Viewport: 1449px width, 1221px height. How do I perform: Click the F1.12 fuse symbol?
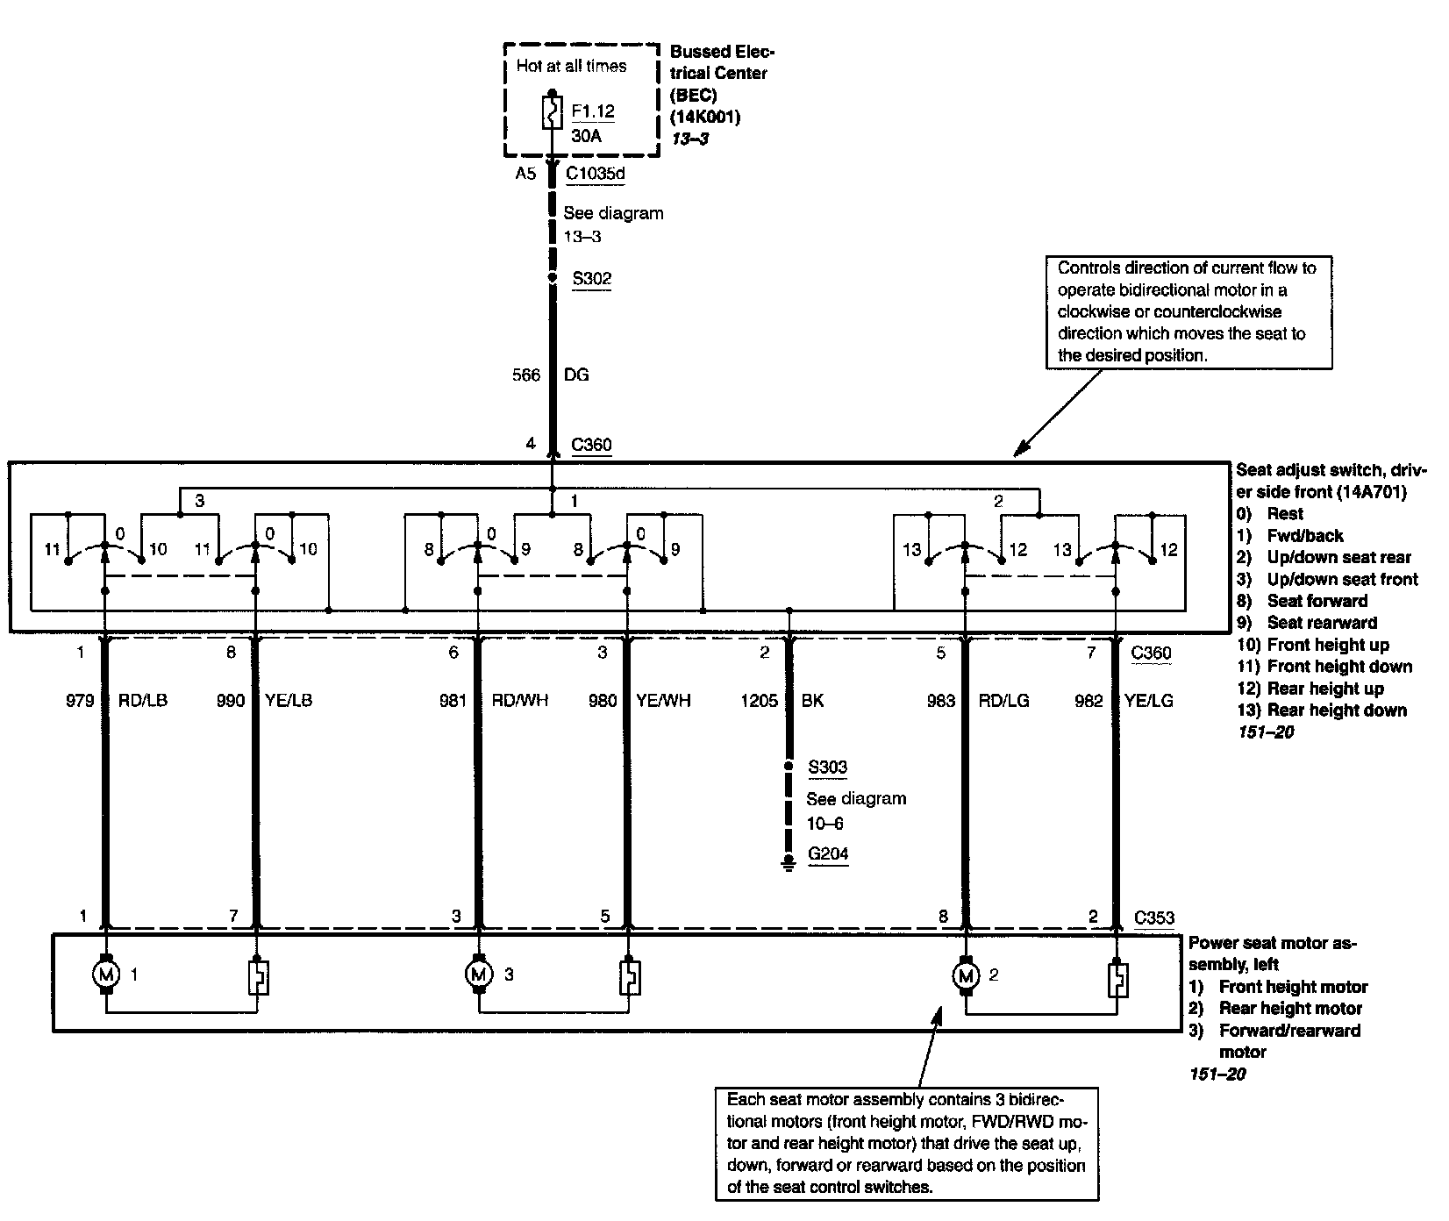(x=552, y=112)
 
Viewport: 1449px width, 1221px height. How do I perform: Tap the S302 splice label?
(x=591, y=279)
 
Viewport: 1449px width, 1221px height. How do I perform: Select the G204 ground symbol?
(x=789, y=864)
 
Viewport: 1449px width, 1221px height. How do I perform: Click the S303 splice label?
(x=827, y=768)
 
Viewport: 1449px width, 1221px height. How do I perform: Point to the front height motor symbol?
(x=106, y=974)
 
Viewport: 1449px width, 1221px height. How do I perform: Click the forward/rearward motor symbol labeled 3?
(x=479, y=974)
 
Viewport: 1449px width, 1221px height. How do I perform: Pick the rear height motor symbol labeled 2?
(x=967, y=975)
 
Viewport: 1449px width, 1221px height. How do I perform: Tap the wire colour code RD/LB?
(x=143, y=700)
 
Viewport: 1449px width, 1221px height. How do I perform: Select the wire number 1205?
(x=760, y=700)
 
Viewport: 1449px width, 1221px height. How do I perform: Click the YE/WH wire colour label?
(x=663, y=700)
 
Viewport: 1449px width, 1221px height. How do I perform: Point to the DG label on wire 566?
(x=575, y=375)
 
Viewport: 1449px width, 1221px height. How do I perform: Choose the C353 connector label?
(x=1153, y=918)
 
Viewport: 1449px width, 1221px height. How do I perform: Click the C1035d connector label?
(x=595, y=174)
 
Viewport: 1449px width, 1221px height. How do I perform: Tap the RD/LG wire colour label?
(x=1004, y=700)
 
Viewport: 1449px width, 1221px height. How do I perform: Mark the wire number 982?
(x=1089, y=700)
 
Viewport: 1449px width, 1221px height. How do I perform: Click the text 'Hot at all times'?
(x=571, y=66)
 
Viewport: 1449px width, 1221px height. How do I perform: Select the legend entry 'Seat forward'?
(x=1317, y=601)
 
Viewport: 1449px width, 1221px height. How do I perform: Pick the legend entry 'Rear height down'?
(x=1337, y=710)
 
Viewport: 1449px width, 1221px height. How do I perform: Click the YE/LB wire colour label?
(x=289, y=700)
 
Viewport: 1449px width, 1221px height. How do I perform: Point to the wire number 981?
(x=453, y=700)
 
